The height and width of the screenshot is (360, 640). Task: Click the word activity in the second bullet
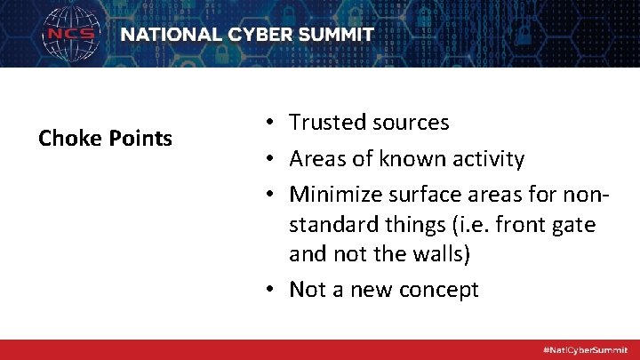(x=485, y=160)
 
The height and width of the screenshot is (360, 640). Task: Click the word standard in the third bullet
(x=328, y=226)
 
